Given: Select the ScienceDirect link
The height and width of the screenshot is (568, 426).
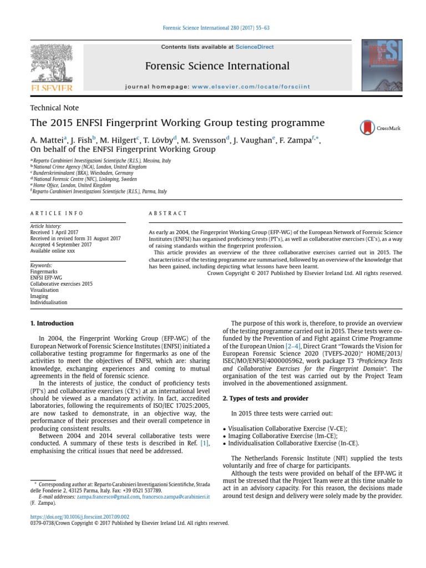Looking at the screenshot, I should pos(255,47).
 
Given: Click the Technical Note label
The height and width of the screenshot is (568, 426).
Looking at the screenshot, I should pos(54,108).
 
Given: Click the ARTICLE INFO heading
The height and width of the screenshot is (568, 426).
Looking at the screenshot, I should pos(57,213).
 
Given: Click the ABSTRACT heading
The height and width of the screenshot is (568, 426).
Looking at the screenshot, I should pos(168,213).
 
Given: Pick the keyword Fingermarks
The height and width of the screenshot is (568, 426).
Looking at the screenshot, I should pos(44,272).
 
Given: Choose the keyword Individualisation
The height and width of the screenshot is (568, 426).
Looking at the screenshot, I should pos(49,302).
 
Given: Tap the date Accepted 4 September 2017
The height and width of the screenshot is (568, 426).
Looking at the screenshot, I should pos(61,245).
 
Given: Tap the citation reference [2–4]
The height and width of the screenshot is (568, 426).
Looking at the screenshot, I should pos(292,346).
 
